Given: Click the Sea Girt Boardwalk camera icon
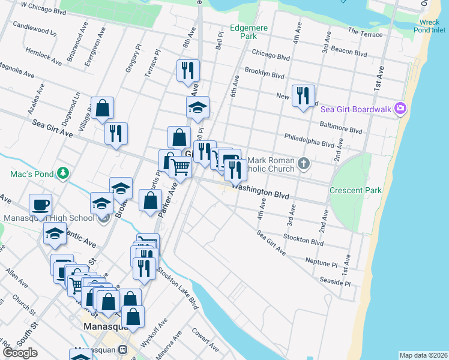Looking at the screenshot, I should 400,109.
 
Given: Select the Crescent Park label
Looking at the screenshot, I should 355,190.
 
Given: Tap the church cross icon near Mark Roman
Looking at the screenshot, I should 304,163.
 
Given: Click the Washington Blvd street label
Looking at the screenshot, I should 261,191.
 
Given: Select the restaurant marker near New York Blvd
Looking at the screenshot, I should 303,95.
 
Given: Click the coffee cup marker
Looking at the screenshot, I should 40,205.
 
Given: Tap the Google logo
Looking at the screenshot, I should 20,353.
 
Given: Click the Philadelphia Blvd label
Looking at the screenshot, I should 309,140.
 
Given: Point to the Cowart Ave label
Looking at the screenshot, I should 205,339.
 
